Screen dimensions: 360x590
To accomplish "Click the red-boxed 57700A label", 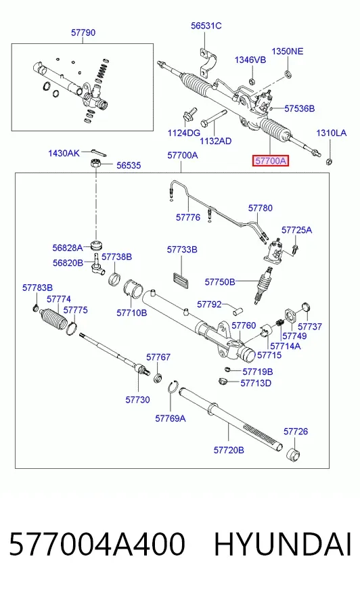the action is (270, 161).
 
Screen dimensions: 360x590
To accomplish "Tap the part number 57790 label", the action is (83, 32).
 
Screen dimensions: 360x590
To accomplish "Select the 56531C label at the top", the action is (206, 26).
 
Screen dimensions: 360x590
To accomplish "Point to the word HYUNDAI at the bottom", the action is (282, 544).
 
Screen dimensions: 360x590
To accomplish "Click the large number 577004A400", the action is (97, 544).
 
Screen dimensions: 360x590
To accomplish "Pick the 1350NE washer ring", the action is (288, 73).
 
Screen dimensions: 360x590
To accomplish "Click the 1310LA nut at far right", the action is (328, 162).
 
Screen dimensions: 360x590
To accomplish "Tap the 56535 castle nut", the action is (95, 164).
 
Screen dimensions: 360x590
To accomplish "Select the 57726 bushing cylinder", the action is (294, 455).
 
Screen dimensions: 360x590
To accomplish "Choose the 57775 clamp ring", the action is (72, 327).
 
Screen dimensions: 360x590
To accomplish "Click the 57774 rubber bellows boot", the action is (53, 320).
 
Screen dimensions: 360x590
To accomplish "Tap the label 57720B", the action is (229, 450).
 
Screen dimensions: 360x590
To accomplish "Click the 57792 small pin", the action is (237, 311).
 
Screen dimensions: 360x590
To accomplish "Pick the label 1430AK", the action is (64, 153).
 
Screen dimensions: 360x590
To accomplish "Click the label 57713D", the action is (256, 383).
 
